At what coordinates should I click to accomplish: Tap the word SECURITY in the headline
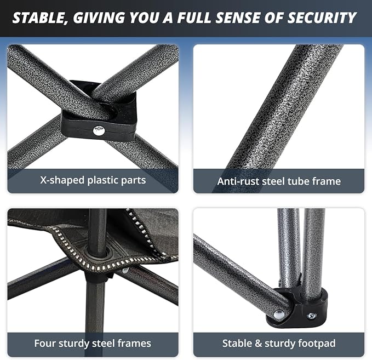click(322, 18)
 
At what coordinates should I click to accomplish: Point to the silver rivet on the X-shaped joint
click(99, 130)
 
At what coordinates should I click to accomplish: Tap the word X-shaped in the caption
click(62, 181)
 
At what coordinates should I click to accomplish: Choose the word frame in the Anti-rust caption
click(327, 181)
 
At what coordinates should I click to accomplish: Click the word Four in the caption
click(45, 344)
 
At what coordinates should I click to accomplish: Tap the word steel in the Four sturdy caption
click(104, 344)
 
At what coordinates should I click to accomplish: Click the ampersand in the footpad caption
click(259, 344)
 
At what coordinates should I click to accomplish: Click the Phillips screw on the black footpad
click(312, 316)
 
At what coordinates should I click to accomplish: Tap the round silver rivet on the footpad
click(279, 315)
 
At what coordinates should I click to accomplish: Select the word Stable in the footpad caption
click(237, 344)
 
